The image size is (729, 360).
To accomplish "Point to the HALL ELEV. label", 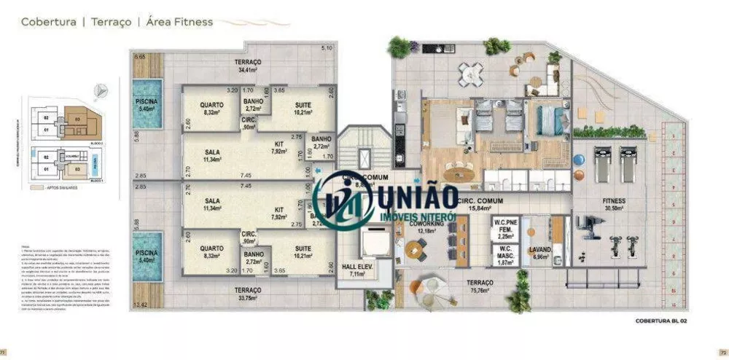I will point(358,270).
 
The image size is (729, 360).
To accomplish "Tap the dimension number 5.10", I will point(327,49).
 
